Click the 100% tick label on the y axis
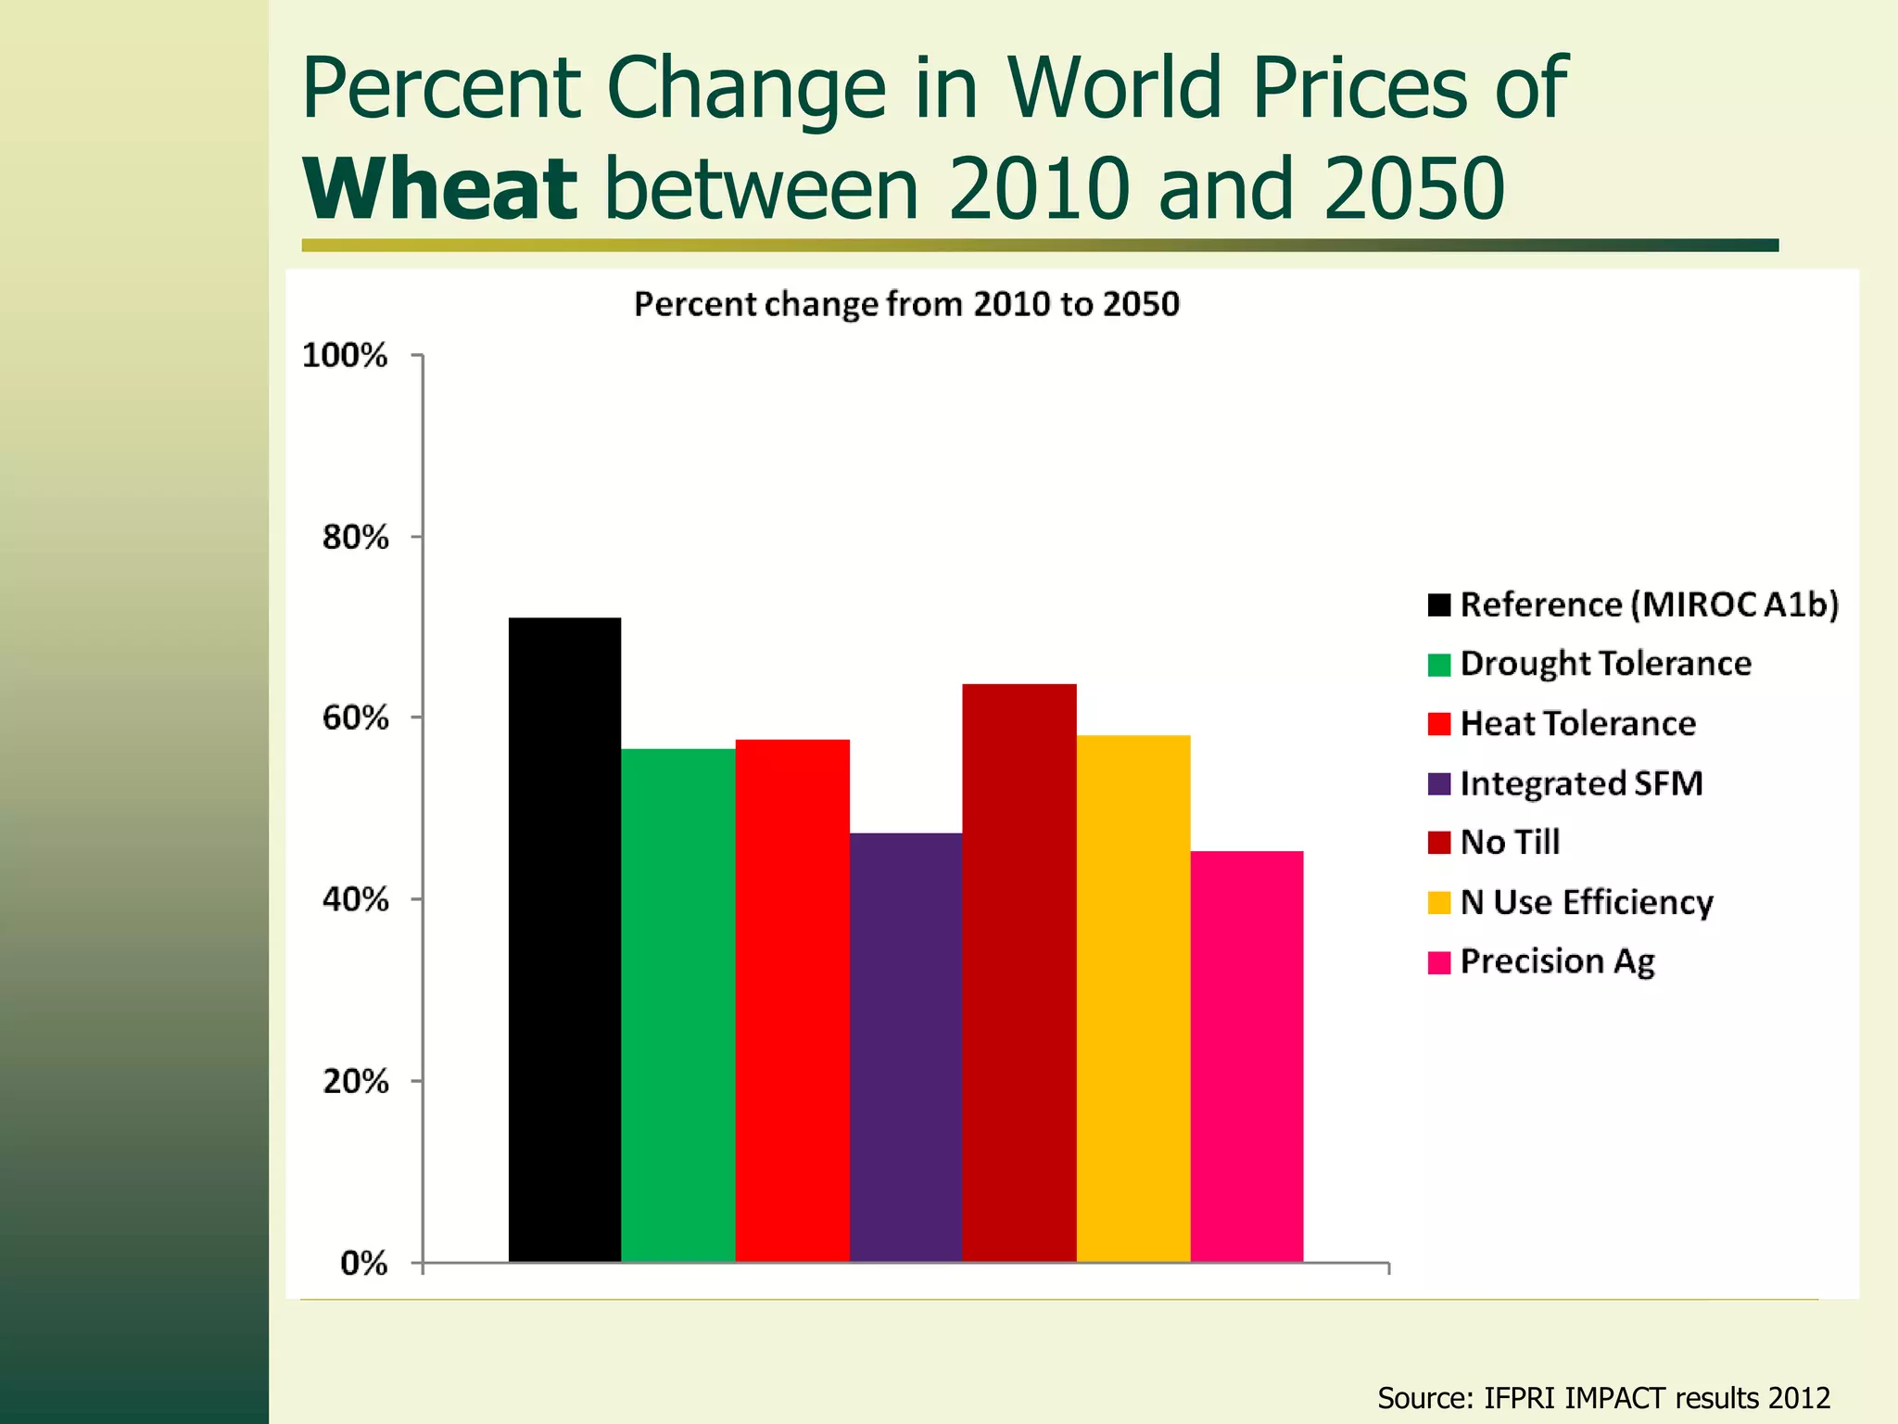coord(345,355)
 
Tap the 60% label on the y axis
coord(355,718)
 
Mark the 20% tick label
coord(355,1081)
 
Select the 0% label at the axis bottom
coord(363,1263)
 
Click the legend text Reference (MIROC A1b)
coord(1649,604)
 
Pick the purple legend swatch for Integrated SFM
coord(1438,784)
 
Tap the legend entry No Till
coord(1510,843)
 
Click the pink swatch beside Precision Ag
coord(1438,962)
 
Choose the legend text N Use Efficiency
coord(1586,902)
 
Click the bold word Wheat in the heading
coord(440,189)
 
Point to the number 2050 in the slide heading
coord(1413,189)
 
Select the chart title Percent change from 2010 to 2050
coord(906,304)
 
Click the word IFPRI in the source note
coord(1520,1397)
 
